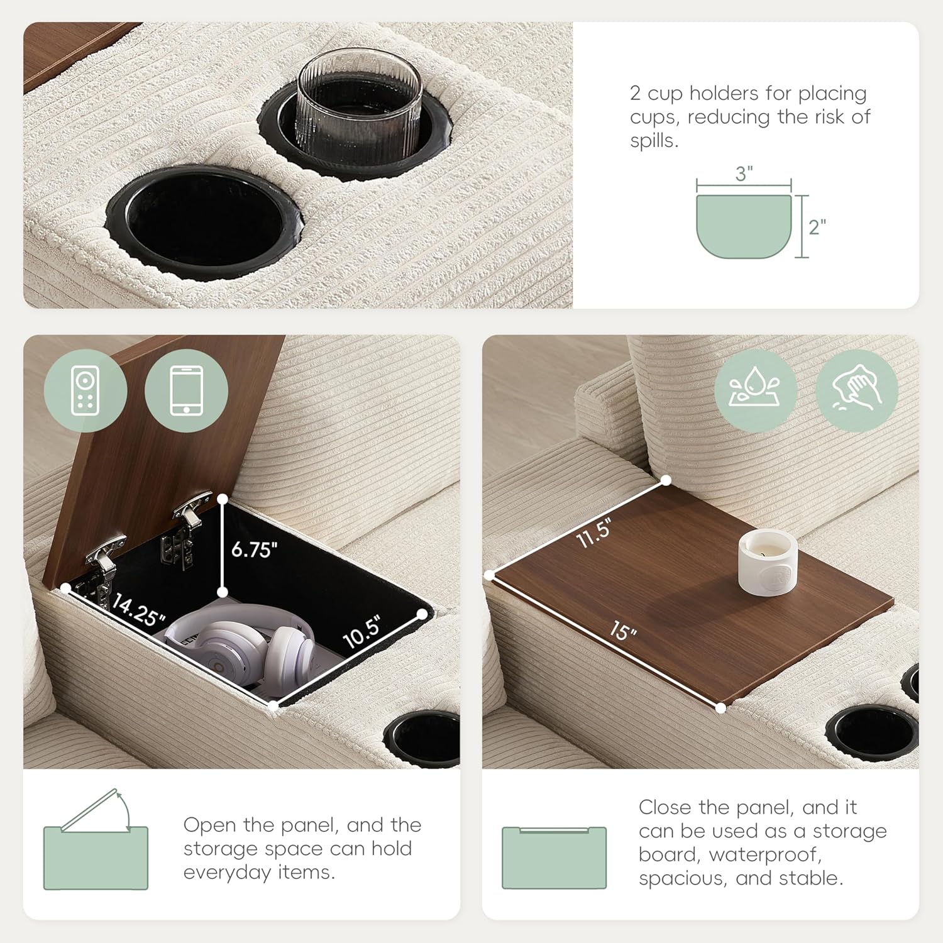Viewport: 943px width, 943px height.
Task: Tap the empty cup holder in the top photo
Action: [204, 219]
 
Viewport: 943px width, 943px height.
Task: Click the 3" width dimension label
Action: [744, 174]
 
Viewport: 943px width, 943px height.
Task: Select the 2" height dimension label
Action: [817, 227]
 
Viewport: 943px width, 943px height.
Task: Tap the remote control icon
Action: [85, 390]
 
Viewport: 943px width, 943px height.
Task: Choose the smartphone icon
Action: [186, 390]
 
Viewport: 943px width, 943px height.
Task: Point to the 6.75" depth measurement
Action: [254, 549]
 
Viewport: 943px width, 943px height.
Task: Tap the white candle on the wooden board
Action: [767, 563]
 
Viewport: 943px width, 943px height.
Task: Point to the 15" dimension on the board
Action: [622, 630]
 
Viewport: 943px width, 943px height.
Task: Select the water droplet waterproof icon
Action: [756, 390]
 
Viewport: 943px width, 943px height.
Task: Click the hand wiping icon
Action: [856, 390]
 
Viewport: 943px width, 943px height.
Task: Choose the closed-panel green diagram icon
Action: [554, 858]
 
